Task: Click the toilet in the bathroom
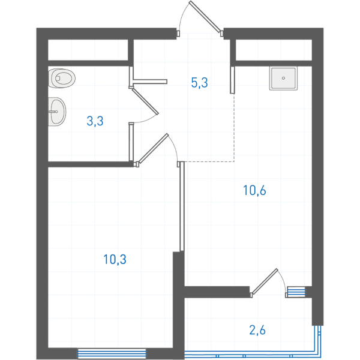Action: point(62,78)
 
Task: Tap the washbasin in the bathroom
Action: point(57,112)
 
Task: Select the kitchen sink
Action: point(283,78)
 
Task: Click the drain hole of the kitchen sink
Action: point(283,78)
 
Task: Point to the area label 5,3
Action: point(200,83)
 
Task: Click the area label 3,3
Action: point(95,121)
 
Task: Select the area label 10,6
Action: point(254,190)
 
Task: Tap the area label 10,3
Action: point(115,259)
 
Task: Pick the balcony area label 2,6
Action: point(257,330)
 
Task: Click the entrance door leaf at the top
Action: point(205,17)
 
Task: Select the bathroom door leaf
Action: point(145,101)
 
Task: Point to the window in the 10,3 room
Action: point(112,353)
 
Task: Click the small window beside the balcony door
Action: point(296,292)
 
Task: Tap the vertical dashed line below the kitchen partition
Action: point(234,128)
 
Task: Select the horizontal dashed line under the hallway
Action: point(209,161)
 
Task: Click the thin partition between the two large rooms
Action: point(182,206)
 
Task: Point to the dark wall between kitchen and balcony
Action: point(217,292)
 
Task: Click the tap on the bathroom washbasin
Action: point(53,112)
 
